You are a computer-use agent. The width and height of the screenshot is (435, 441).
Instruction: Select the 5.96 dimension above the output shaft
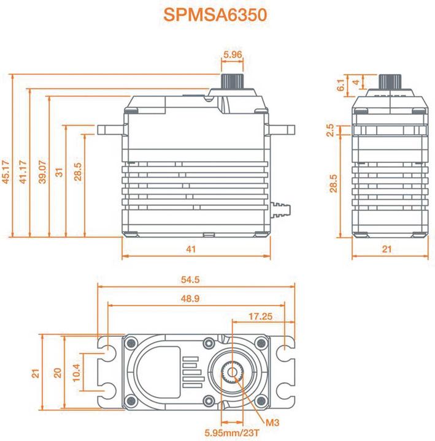(x=233, y=55)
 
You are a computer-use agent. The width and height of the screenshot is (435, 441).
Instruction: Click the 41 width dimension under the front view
(x=191, y=249)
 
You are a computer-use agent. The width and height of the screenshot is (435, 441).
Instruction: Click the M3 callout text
(x=273, y=421)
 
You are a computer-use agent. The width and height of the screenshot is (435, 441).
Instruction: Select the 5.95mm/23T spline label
(x=233, y=432)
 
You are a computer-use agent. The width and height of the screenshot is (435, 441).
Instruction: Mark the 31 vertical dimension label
(x=59, y=173)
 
